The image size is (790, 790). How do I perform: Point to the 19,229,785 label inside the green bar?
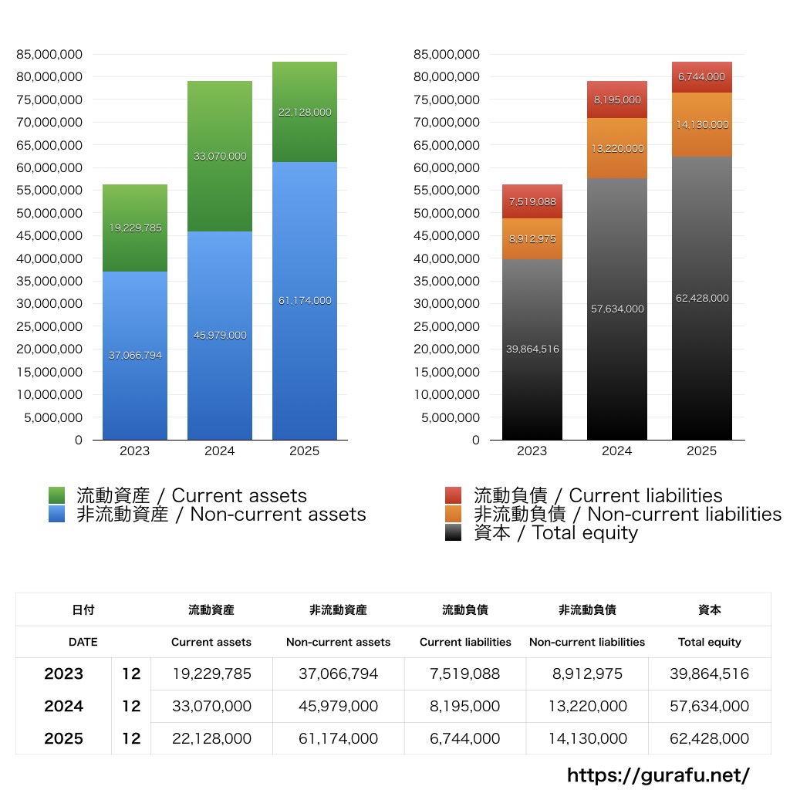tap(135, 228)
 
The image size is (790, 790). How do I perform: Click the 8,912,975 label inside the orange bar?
tap(532, 239)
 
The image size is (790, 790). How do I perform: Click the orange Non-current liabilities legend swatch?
tap(454, 514)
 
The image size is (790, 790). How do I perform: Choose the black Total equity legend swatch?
tap(454, 532)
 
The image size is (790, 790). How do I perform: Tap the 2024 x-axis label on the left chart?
tap(220, 451)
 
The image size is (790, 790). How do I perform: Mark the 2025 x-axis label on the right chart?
tap(702, 451)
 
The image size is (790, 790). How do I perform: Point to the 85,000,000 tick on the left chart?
tap(49, 54)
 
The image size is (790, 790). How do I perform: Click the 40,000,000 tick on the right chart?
tap(447, 258)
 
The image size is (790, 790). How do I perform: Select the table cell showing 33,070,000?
tap(211, 706)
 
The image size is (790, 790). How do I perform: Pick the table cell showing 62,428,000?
tap(710, 738)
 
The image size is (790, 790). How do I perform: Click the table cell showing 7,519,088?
tap(465, 674)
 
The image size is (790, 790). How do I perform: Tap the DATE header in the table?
tap(83, 642)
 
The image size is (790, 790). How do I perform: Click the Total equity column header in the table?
tap(710, 642)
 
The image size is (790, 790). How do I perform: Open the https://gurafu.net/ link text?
tap(658, 775)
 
